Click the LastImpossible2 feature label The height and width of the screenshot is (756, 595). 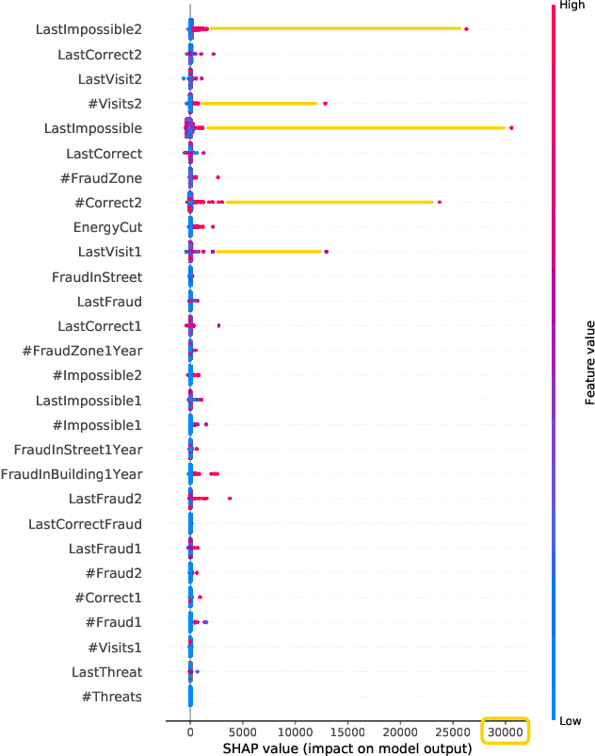tap(88, 29)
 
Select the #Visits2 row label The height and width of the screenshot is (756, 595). tap(110, 104)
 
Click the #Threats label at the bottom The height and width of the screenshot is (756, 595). tap(111, 697)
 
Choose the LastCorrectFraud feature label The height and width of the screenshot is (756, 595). tap(85, 523)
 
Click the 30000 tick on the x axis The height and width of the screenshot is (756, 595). tap(506, 731)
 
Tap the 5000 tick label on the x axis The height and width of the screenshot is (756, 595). tap(243, 731)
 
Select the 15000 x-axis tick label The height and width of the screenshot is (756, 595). tap(347, 731)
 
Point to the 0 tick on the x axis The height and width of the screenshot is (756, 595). tap(190, 731)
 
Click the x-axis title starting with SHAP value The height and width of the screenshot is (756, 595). tap(347, 748)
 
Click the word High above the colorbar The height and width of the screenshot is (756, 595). tap(571, 6)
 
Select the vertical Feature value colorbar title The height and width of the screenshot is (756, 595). tap(589, 363)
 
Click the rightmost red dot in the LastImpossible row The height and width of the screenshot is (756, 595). tap(511, 128)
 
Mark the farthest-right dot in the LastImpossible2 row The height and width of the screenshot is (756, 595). tap(466, 29)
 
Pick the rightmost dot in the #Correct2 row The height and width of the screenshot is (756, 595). tap(439, 202)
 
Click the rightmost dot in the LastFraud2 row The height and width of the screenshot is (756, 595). tap(230, 499)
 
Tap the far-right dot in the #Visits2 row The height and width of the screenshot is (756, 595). tap(325, 104)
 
